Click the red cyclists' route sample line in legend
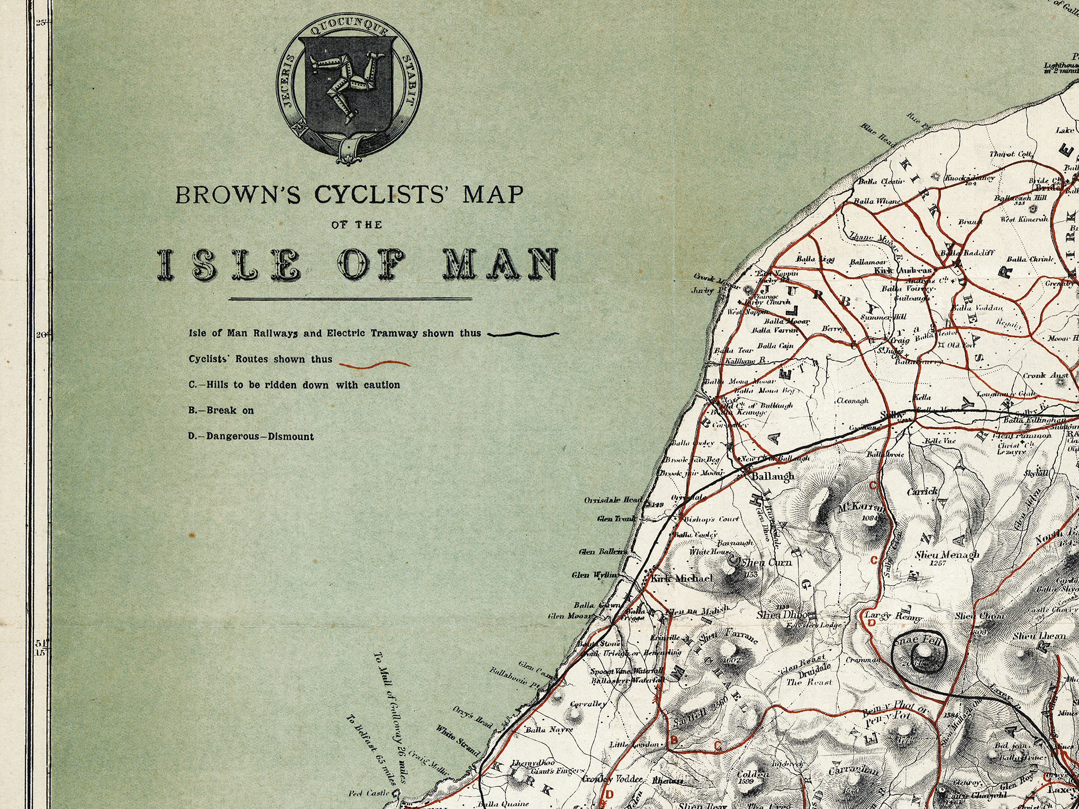(x=374, y=363)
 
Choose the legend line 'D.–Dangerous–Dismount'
(x=251, y=437)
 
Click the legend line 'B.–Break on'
(x=221, y=410)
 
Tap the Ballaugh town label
(x=773, y=476)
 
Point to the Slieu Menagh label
(x=947, y=555)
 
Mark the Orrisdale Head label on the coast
(x=613, y=500)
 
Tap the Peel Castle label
(x=369, y=793)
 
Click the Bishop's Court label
(x=711, y=519)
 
